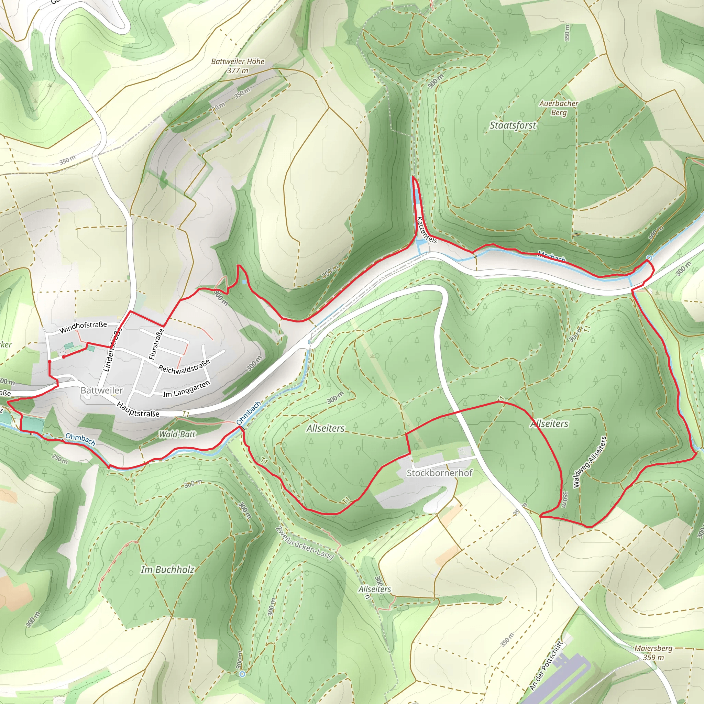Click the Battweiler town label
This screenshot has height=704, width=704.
pyautogui.click(x=102, y=390)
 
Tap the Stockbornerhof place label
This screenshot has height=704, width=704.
pyautogui.click(x=439, y=473)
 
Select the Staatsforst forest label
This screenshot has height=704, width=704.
pyautogui.click(x=513, y=125)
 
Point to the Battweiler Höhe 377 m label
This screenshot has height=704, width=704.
pyautogui.click(x=238, y=66)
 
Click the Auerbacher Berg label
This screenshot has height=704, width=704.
pyautogui.click(x=559, y=108)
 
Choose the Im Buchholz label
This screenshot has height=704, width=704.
pyautogui.click(x=168, y=570)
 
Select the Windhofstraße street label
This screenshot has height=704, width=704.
pyautogui.click(x=83, y=327)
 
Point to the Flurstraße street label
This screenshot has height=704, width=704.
pyautogui.click(x=156, y=344)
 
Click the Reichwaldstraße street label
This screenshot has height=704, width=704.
pyautogui.click(x=184, y=366)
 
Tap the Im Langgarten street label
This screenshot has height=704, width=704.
pyautogui.click(x=187, y=389)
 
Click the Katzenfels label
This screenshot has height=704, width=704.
pyautogui.click(x=426, y=230)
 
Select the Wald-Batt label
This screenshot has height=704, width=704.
pyautogui.click(x=177, y=434)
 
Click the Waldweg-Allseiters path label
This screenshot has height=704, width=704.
pyautogui.click(x=590, y=462)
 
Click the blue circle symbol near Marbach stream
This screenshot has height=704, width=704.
pyautogui.click(x=649, y=258)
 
